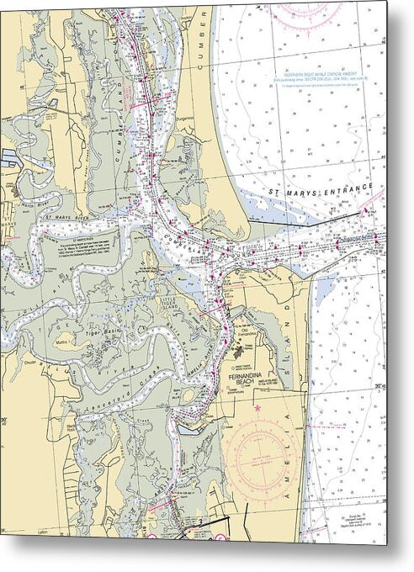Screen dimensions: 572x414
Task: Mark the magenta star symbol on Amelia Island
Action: pos(257,408)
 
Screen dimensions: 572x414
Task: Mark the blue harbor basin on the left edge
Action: pos(12,156)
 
